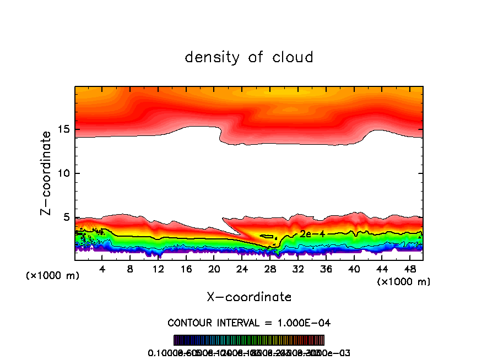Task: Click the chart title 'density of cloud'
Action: pos(249,57)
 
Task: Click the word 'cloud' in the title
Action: pos(292,57)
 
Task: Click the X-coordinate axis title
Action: pos(249,297)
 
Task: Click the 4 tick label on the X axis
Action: pos(102,270)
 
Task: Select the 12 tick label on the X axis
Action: pos(158,270)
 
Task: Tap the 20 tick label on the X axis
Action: pos(214,270)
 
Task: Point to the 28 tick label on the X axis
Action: pos(270,270)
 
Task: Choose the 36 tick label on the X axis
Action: pos(326,270)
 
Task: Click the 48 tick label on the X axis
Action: pos(409,270)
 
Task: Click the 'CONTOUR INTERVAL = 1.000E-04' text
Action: pos(249,323)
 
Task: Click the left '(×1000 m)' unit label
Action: pos(53,275)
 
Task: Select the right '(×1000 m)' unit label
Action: pos(404,281)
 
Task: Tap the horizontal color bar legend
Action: pos(249,340)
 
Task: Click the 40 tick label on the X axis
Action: pos(354,270)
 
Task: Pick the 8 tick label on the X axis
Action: pos(130,270)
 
